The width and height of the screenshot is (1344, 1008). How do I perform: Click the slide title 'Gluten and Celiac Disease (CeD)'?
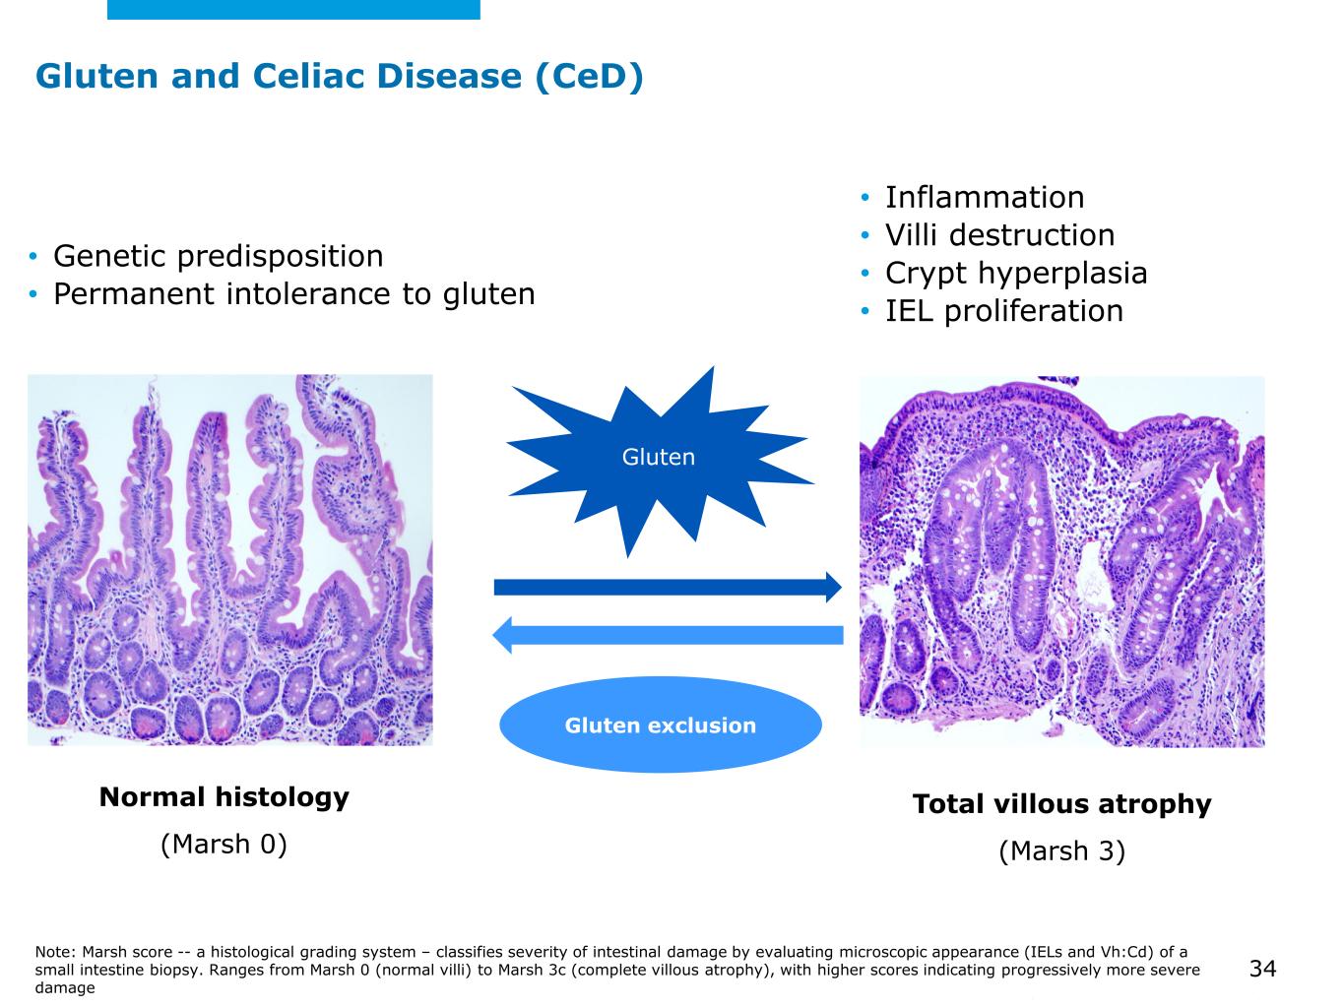coord(340,76)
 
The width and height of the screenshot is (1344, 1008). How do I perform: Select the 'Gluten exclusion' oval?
coord(660,725)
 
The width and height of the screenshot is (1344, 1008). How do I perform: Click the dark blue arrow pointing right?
coord(668,588)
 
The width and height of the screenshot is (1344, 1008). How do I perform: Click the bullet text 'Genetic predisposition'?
coord(218,256)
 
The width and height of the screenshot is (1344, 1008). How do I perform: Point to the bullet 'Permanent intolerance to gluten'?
coord(293,293)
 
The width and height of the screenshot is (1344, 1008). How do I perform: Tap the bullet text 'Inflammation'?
coord(984,197)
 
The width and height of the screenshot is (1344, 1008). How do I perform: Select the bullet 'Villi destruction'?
coord(999,235)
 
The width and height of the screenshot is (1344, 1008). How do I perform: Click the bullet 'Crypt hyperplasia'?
coord(1015,273)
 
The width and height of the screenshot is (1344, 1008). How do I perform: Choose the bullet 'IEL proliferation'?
coord(1003,311)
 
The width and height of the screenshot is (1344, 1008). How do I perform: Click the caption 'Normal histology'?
coord(224,797)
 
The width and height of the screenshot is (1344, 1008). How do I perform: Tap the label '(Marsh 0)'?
coord(224,844)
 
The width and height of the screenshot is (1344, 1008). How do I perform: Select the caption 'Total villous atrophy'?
coord(1061,804)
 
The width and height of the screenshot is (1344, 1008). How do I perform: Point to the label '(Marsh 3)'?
coord(1061,850)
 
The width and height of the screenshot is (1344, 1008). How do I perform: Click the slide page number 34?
coord(1262,970)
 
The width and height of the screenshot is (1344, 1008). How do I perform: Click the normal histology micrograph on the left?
coord(229,559)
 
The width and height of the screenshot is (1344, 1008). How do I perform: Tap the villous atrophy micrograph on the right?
coord(1061,561)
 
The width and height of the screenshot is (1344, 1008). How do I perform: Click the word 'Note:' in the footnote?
coord(56,952)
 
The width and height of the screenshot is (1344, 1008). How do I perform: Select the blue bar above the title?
coord(293,9)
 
